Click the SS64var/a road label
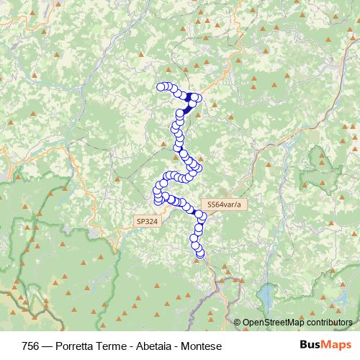(222, 204)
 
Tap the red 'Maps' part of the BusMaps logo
(338, 346)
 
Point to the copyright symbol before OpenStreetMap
(237, 323)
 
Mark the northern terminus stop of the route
(161, 87)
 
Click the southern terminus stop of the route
(200, 253)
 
